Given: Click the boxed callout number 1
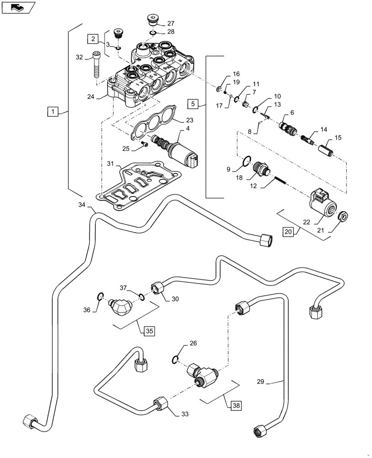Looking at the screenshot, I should [54, 111].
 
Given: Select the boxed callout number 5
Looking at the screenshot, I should [193, 104].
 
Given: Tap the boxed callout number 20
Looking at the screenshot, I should [287, 232].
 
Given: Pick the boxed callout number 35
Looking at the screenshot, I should [149, 330].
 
